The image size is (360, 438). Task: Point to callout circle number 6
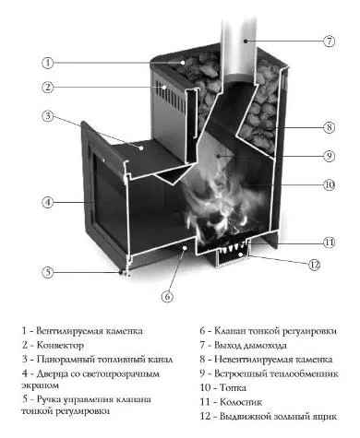(167, 296)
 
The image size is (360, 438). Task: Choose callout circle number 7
(328, 42)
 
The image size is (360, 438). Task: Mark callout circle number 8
(328, 127)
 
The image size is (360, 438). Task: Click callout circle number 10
(328, 185)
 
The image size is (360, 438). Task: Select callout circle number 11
(328, 242)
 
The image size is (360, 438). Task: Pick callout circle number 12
(314, 266)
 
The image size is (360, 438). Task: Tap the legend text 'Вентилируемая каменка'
(101, 331)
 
